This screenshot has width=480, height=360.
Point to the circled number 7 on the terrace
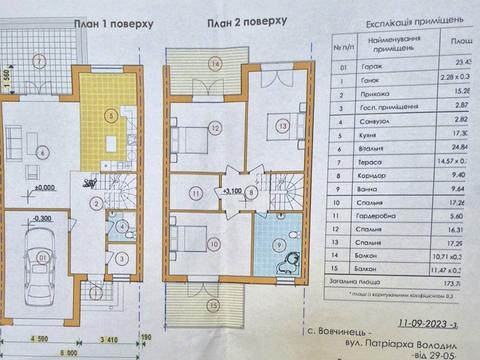coord(38,61)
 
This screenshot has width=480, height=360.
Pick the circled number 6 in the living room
coord(42,152)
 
